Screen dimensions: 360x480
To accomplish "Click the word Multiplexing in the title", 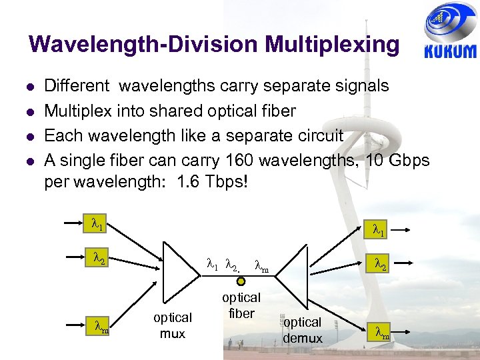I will [332, 45].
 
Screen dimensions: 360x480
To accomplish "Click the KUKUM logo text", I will [450, 52].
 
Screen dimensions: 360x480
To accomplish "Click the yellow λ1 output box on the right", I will [378, 231].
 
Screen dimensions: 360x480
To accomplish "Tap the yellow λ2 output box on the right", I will [381, 265].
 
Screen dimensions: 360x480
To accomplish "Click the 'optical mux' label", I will [173, 325].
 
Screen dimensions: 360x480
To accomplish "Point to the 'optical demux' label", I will [302, 330].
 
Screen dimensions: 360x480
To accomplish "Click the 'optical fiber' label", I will [241, 305].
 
